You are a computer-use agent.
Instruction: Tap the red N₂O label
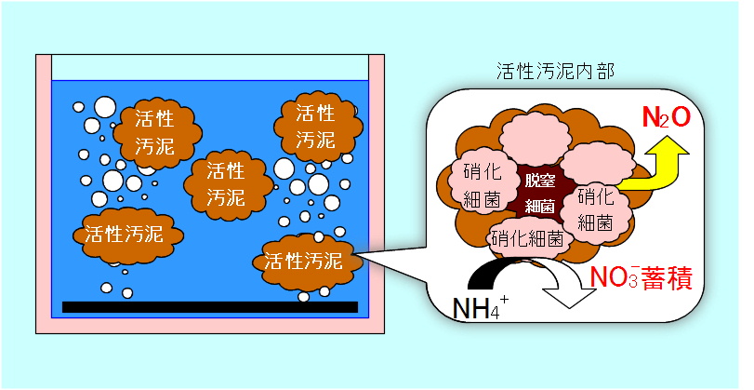pos(666,116)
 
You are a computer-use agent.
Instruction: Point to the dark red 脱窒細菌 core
pos(539,192)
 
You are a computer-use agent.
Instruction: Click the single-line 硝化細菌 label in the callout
pos(527,238)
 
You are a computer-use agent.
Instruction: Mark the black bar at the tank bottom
pos(209,306)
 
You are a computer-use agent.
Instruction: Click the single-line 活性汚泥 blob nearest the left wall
pos(122,233)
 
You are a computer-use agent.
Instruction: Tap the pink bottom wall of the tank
pos(209,326)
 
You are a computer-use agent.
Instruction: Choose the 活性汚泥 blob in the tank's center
pos(224,184)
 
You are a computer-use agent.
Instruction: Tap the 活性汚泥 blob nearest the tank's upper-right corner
pos(315,127)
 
